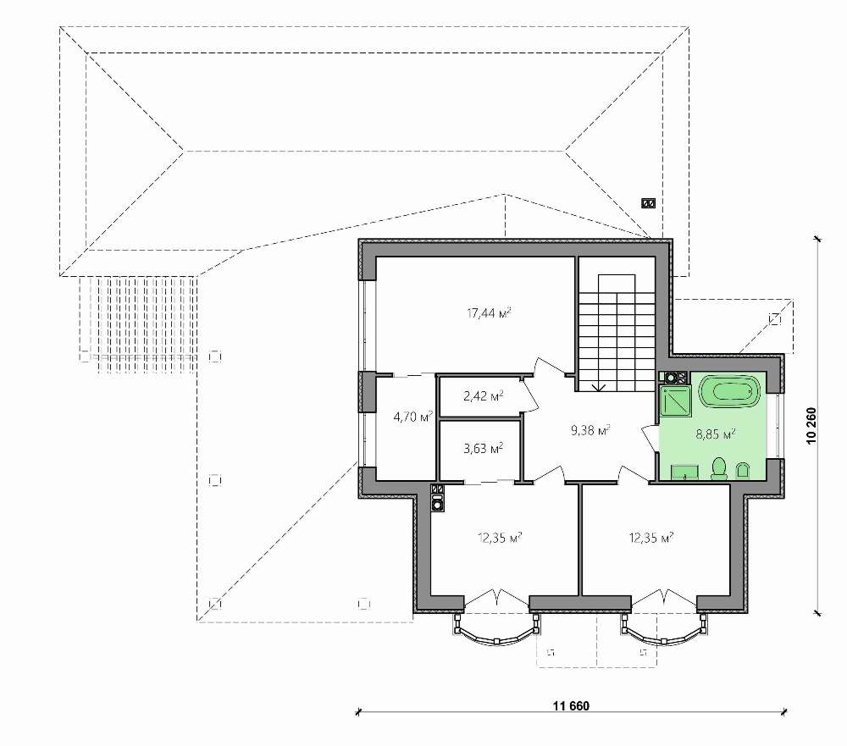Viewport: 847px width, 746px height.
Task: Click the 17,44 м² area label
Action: (x=489, y=312)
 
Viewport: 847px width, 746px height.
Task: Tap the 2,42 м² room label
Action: (x=484, y=396)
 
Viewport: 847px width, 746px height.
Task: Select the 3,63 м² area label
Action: (x=484, y=448)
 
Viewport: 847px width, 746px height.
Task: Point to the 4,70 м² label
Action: (x=413, y=416)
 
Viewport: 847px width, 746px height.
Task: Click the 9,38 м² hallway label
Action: (x=590, y=430)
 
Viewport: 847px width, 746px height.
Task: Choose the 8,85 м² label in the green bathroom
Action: (x=715, y=434)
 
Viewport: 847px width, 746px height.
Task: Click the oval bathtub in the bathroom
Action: (x=729, y=392)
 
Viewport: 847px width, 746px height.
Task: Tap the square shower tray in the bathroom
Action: (x=676, y=402)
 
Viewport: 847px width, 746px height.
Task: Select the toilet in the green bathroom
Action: (x=719, y=468)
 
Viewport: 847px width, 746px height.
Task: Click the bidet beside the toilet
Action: (x=744, y=471)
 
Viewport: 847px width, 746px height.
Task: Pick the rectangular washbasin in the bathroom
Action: (x=685, y=472)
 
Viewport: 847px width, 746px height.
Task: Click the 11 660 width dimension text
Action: (x=571, y=705)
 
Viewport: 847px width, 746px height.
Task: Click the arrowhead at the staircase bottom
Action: (x=598, y=387)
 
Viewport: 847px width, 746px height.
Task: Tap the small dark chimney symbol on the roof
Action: (x=648, y=203)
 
